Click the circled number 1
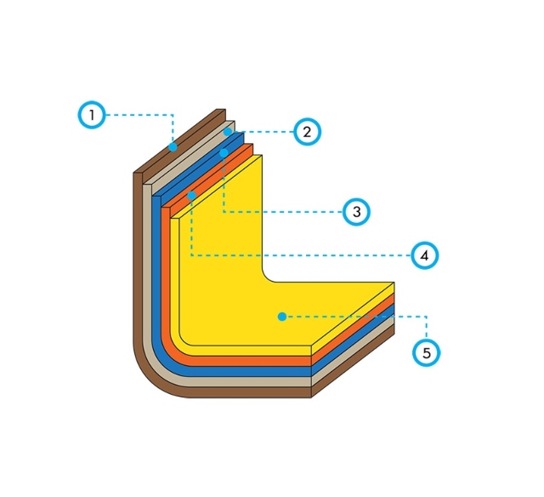pos(92,115)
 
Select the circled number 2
pos(307,132)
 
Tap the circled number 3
pos(356,212)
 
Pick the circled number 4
pos(425,255)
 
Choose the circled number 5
pos(427,353)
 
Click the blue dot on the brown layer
pos(173,147)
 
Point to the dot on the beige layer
pos(228,132)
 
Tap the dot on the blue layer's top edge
pos(224,153)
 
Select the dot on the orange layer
pos(191,196)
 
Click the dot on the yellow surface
pos(282,317)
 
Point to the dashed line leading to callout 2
pos(263,132)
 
